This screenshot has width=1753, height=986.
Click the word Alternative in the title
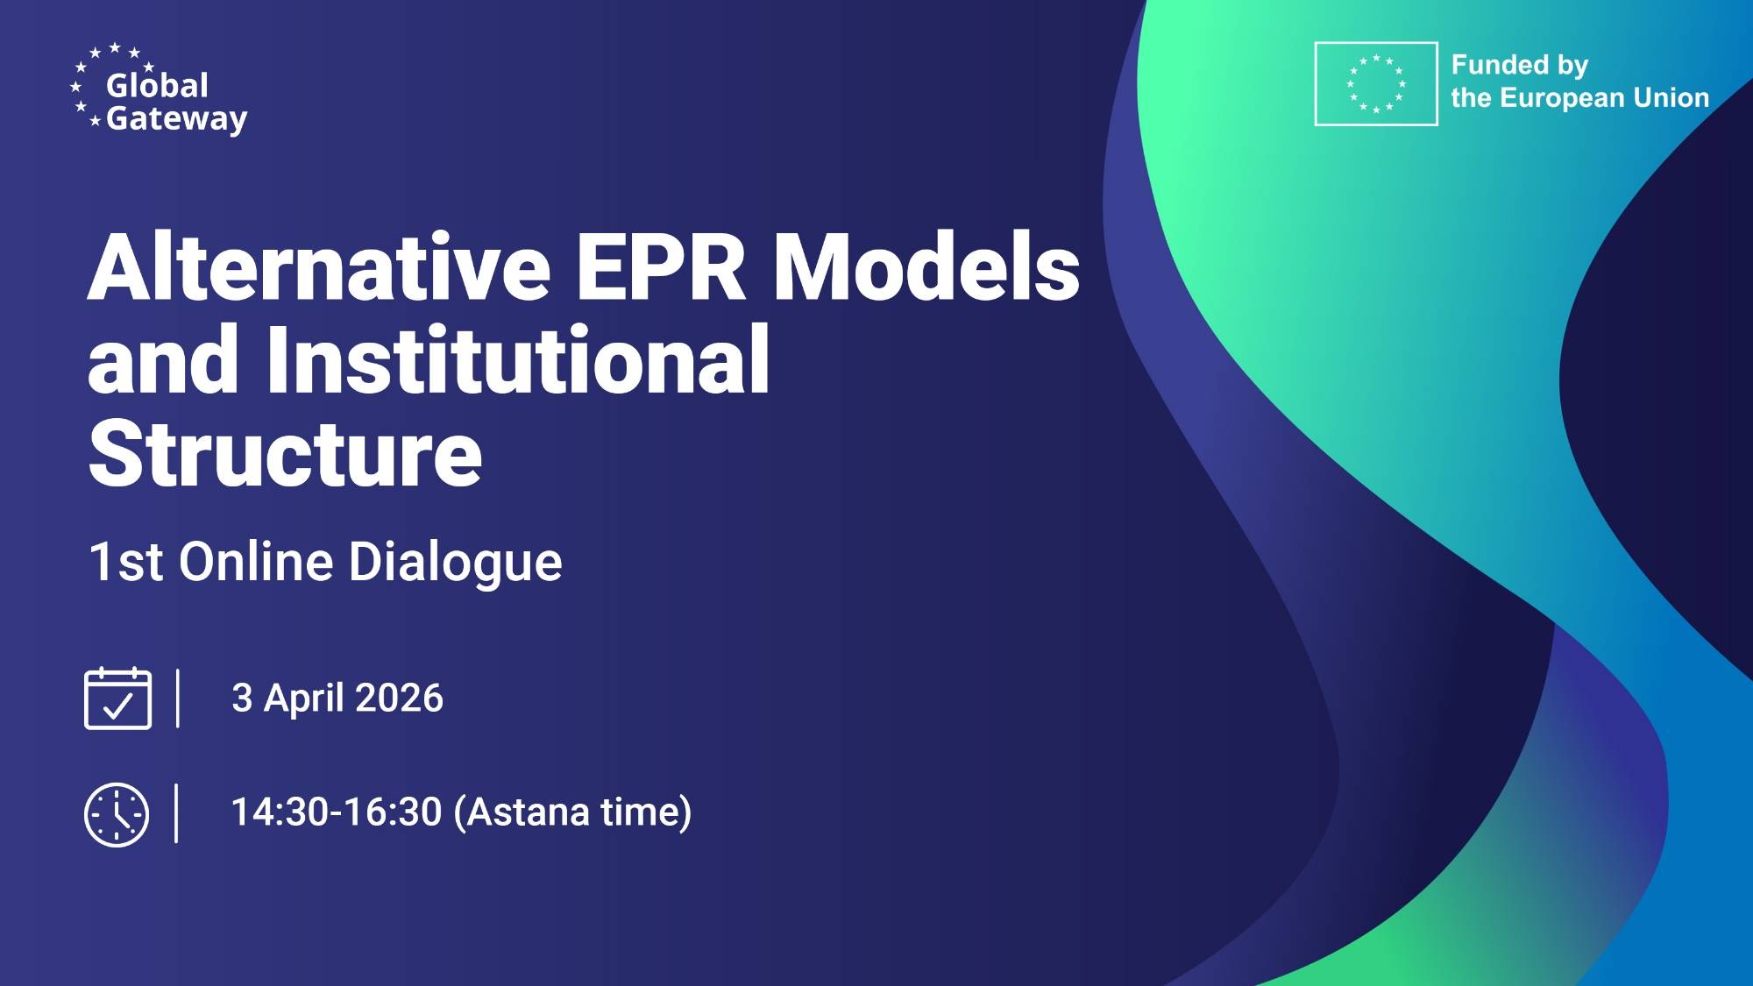pyautogui.click(x=319, y=267)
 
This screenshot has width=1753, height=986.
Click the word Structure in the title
pyautogui.click(x=285, y=453)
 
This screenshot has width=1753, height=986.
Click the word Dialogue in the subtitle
pyautogui.click(x=455, y=561)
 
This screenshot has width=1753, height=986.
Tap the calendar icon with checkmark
pyautogui.click(x=117, y=699)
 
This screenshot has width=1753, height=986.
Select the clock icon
pyautogui.click(x=117, y=814)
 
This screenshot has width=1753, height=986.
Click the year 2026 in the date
pyautogui.click(x=399, y=699)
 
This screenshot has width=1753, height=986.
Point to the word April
pyautogui.click(x=303, y=699)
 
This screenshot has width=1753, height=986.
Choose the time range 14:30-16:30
pyautogui.click(x=337, y=812)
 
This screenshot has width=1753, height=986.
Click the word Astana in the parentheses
pyautogui.click(x=527, y=812)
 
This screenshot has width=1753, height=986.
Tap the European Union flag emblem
pyautogui.click(x=1375, y=84)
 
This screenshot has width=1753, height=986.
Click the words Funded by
pyautogui.click(x=1519, y=65)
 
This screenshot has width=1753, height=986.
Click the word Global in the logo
pyautogui.click(x=157, y=85)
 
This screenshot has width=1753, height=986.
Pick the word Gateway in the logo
pyautogui.click(x=176, y=118)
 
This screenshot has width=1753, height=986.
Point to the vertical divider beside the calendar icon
pyautogui.click(x=178, y=699)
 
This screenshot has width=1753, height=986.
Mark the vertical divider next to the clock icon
pyautogui.click(x=176, y=813)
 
